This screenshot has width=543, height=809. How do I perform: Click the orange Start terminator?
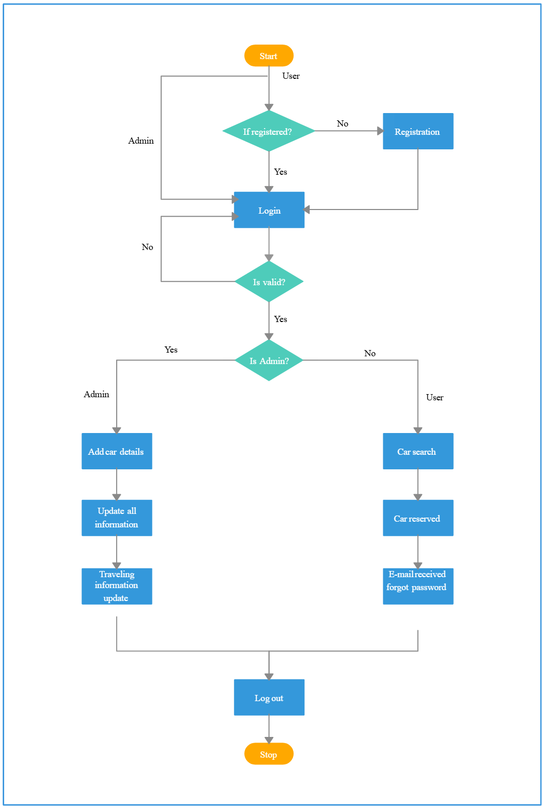[x=269, y=55]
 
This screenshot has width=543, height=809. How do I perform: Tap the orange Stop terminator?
[x=269, y=754]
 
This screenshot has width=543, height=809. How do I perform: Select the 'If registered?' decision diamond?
[x=269, y=131]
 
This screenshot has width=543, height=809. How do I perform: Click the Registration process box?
[x=417, y=131]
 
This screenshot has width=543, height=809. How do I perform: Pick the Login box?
[x=269, y=210]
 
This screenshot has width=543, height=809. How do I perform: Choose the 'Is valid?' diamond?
[x=269, y=282]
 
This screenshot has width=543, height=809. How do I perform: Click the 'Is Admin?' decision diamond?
[x=269, y=360]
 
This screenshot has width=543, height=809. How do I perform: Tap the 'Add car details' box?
[x=117, y=451]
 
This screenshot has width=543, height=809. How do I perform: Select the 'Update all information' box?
[x=117, y=518]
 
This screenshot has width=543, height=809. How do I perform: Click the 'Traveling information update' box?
[x=117, y=586]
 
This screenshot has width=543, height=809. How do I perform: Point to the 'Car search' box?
[x=417, y=451]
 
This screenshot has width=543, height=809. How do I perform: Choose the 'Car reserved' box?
[x=417, y=518]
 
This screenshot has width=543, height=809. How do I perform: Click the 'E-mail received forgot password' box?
[x=417, y=586]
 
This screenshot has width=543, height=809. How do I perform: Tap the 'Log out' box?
[x=269, y=698]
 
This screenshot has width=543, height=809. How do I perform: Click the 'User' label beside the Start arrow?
[x=291, y=76]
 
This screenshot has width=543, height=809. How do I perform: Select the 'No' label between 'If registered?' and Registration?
[x=342, y=123]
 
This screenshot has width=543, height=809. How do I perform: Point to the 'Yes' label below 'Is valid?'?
[x=281, y=319]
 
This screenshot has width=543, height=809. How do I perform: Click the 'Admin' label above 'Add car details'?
[x=96, y=394]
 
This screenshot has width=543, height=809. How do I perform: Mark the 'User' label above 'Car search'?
[x=435, y=397]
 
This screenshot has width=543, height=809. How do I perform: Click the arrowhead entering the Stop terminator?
[x=269, y=740]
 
